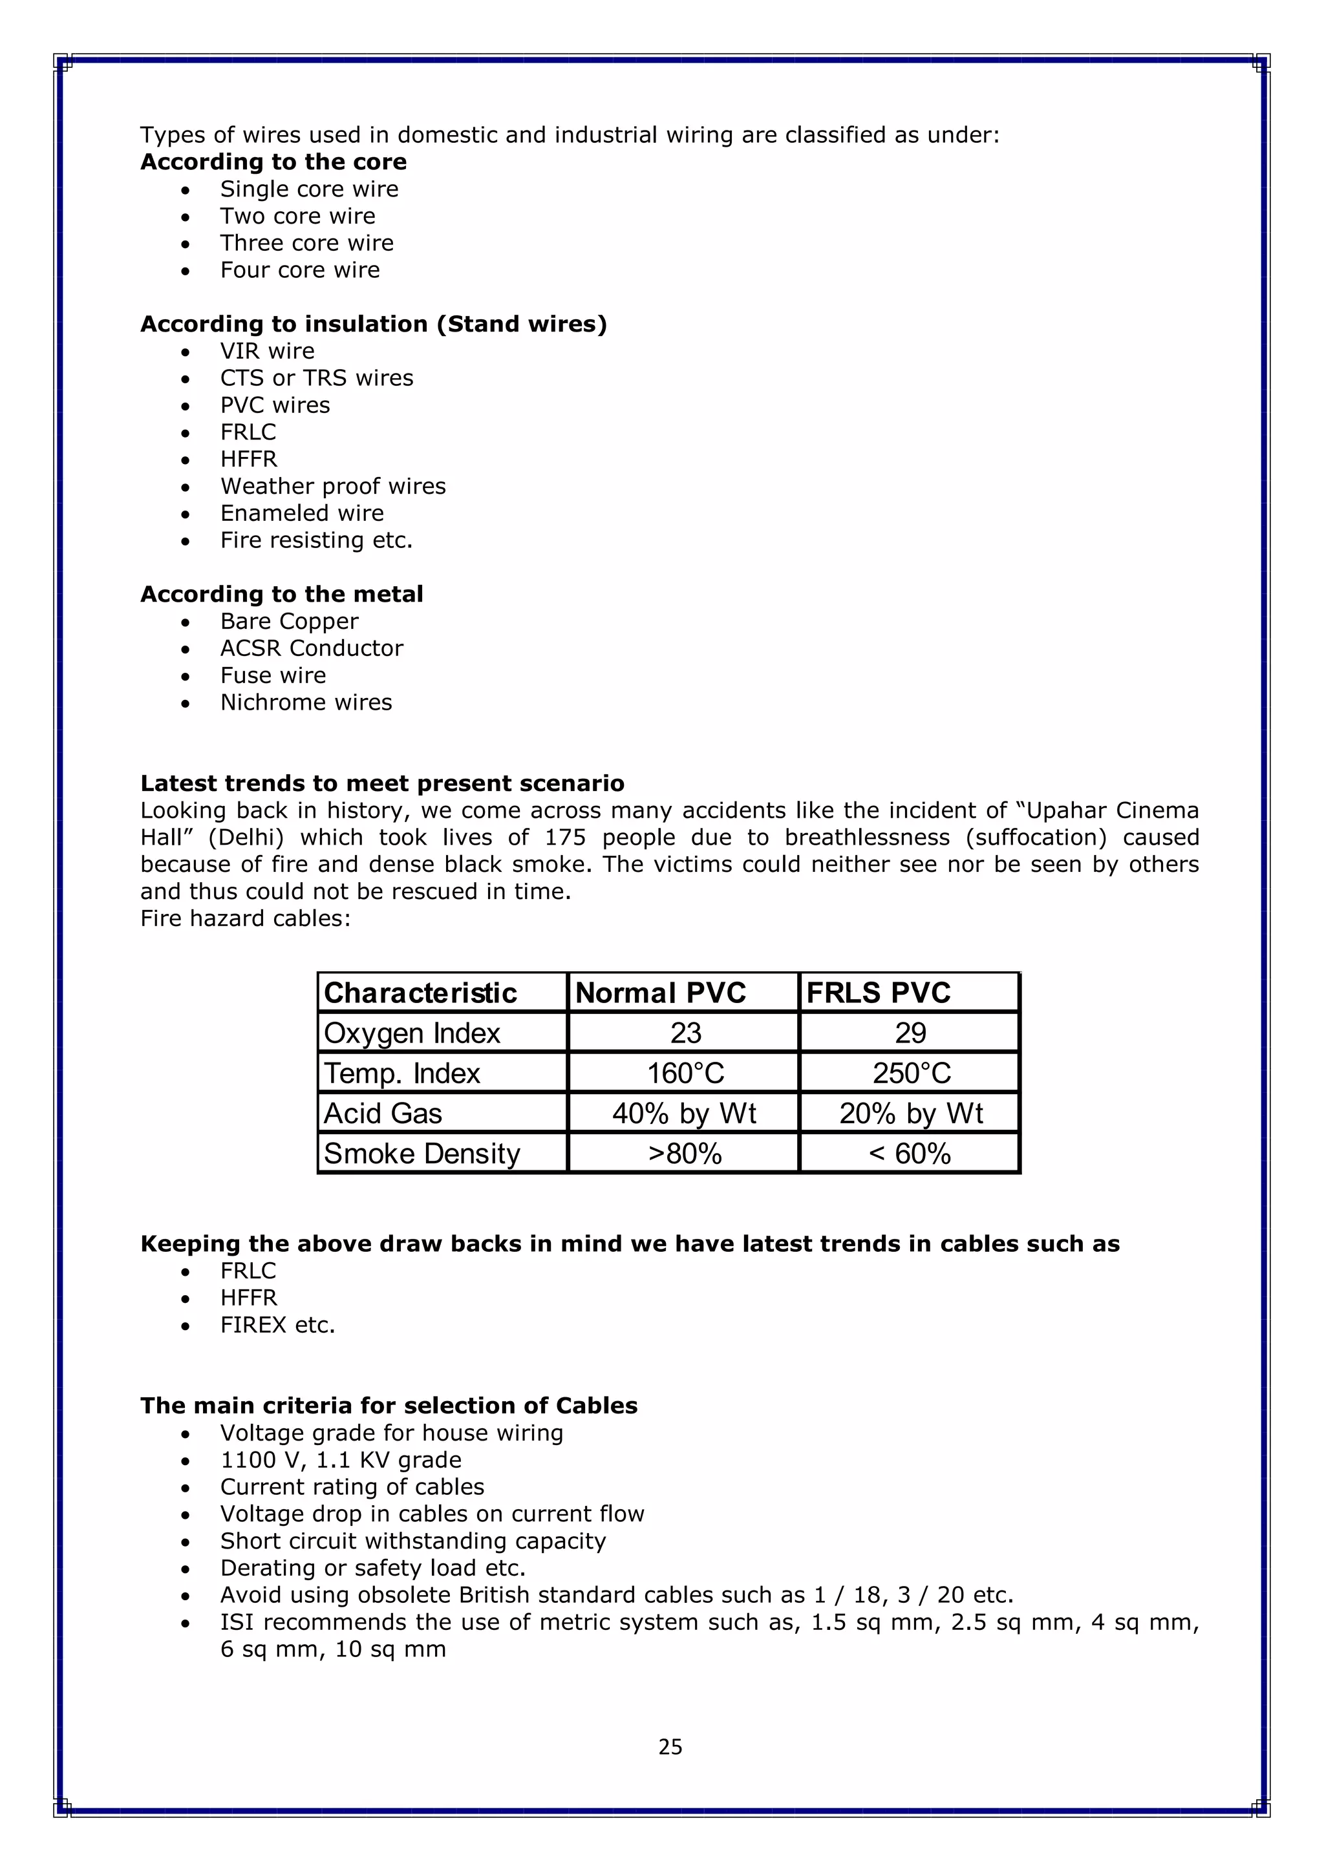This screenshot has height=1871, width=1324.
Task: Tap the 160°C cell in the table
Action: [685, 1073]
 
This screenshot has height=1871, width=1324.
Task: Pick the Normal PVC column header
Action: [660, 993]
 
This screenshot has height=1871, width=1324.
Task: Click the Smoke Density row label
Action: [422, 1154]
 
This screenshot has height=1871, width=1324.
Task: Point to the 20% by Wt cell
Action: [911, 1113]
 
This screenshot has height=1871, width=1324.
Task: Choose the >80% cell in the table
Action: [685, 1154]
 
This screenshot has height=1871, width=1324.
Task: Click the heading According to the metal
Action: [281, 594]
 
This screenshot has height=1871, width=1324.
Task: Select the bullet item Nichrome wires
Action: [306, 703]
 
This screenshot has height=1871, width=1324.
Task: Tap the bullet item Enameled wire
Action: [302, 513]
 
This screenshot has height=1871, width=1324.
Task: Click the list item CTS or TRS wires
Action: [316, 378]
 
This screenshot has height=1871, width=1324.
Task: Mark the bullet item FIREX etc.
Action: [277, 1325]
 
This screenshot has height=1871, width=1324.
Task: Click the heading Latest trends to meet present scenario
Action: [381, 783]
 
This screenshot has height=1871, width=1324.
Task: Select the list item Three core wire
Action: [306, 243]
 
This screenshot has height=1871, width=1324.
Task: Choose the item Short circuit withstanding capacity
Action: [412, 1541]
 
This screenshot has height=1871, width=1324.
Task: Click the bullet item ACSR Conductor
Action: [312, 649]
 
